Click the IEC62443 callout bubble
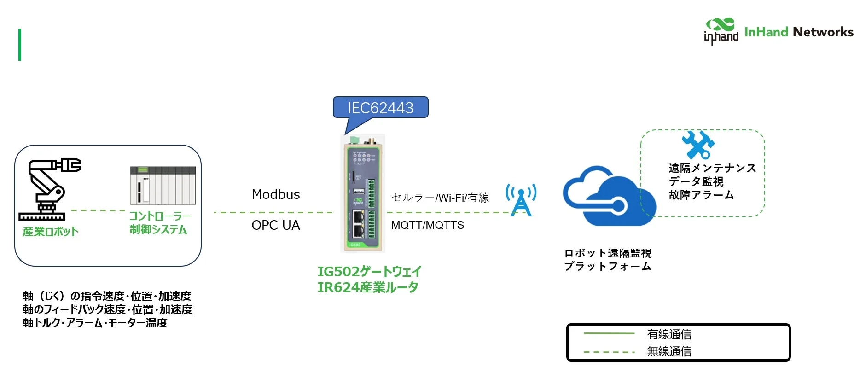[x=380, y=108]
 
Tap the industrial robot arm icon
[x=49, y=189]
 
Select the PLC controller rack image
[x=163, y=186]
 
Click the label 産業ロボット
[x=51, y=232]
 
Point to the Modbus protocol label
[x=276, y=195]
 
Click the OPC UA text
[x=276, y=225]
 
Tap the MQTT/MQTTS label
[x=427, y=225]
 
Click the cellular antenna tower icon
[x=521, y=200]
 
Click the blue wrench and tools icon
[x=698, y=145]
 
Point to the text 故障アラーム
[x=701, y=195]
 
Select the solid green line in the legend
[x=609, y=333]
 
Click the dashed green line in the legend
[x=609, y=352]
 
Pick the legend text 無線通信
[x=669, y=352]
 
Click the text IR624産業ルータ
[x=367, y=287]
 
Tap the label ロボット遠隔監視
[x=608, y=253]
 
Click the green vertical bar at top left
[x=20, y=45]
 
